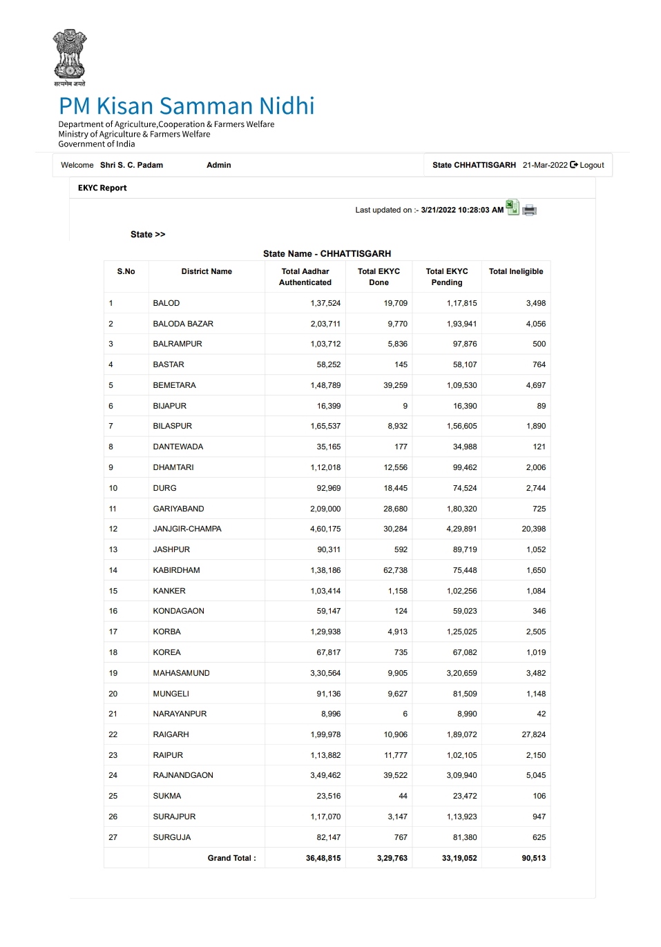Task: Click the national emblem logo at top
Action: [70, 57]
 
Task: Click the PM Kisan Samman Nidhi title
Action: [186, 106]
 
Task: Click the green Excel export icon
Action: [512, 207]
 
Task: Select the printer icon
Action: [530, 210]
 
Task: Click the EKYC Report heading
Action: [102, 188]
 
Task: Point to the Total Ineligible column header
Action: [516, 272]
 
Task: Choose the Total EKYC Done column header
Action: [379, 277]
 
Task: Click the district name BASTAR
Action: [169, 364]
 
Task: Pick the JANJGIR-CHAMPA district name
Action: [187, 529]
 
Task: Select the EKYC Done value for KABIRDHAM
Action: [395, 570]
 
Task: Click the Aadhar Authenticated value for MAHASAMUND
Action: [325, 673]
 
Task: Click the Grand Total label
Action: [231, 858]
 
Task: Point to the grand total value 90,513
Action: [533, 858]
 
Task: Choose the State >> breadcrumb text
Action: [148, 235]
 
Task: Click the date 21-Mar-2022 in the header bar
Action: [545, 166]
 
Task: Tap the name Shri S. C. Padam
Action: [131, 166]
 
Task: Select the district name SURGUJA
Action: [172, 837]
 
